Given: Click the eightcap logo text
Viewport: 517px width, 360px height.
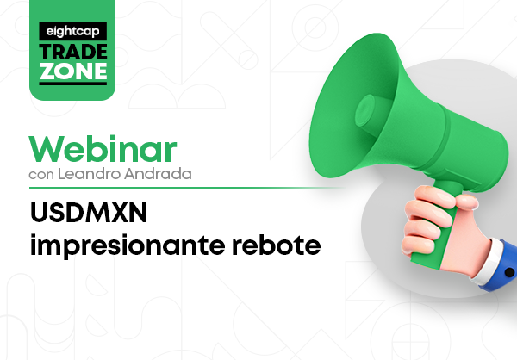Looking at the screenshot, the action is [73, 32].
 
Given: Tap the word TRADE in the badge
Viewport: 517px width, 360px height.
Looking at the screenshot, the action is [73, 52].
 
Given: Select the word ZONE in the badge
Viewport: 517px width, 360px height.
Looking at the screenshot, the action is [73, 71].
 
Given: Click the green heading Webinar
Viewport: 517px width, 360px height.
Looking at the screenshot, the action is [103, 149].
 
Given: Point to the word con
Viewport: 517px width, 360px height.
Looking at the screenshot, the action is [41, 175].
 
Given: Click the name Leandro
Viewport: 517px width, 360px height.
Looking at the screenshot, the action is [89, 174].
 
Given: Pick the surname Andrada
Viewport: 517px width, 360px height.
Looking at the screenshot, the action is [158, 174].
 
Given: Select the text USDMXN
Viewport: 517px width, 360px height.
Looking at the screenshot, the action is [89, 213].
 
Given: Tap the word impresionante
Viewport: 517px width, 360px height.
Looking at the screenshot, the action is [128, 245].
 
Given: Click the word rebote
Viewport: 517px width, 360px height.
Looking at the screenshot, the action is [277, 245].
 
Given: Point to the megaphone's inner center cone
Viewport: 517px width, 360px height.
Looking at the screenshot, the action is [367, 111].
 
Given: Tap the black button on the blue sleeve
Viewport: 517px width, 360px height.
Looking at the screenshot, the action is [509, 273].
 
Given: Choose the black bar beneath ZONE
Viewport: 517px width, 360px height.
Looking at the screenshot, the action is [73, 84].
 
